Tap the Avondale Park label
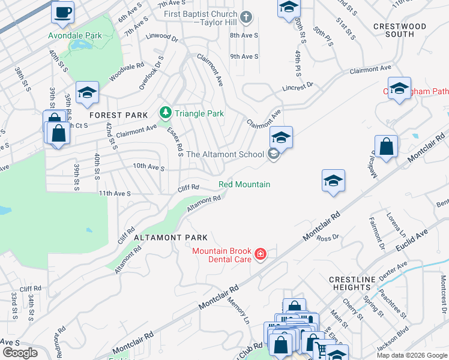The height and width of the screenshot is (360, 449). (x=76, y=35)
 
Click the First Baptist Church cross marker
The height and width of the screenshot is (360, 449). (x=247, y=17)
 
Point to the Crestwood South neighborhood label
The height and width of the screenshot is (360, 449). (x=399, y=30)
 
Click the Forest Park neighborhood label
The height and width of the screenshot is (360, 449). (x=114, y=115)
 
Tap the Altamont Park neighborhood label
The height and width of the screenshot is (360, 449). (x=170, y=238)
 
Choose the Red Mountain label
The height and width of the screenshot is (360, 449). (x=244, y=184)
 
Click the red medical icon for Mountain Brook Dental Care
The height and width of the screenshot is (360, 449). (x=260, y=254)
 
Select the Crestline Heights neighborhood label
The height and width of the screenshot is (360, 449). (x=352, y=284)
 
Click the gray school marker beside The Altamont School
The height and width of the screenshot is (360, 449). (x=273, y=154)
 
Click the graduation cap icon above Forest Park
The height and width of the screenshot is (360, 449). (x=87, y=92)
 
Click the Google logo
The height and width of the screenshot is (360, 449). (x=19, y=353)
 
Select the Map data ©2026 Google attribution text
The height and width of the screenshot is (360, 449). (x=411, y=355)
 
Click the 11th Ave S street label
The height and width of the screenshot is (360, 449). (x=115, y=194)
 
